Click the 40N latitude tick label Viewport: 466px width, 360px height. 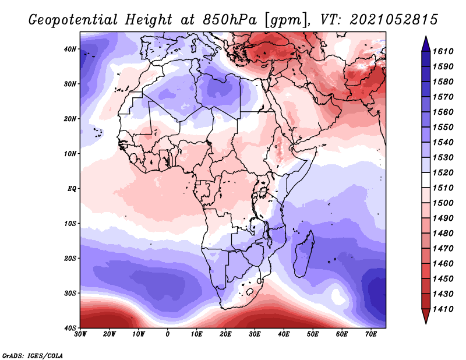click(x=70, y=49)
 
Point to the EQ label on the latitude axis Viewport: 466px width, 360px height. click(x=72, y=189)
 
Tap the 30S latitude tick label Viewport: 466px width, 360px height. click(x=70, y=294)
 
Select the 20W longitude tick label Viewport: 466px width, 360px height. click(x=109, y=334)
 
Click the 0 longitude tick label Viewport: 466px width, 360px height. click(x=168, y=334)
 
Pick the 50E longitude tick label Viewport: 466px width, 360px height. click(x=313, y=334)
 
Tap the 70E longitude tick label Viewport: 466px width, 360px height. click(x=371, y=334)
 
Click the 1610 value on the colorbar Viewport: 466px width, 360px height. click(x=443, y=51)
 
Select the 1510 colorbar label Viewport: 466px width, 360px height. click(x=443, y=188)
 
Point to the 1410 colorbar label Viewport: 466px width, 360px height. click(x=443, y=309)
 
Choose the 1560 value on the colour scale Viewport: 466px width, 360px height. click(x=443, y=112)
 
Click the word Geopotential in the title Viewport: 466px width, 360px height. click(x=73, y=20)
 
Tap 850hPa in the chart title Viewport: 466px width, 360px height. click(x=230, y=20)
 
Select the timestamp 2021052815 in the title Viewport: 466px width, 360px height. click(x=394, y=20)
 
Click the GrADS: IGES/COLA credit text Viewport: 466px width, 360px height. click(x=33, y=356)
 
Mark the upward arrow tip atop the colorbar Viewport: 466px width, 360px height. click(x=426, y=37)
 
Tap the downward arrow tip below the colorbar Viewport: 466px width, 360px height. click(x=426, y=323)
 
